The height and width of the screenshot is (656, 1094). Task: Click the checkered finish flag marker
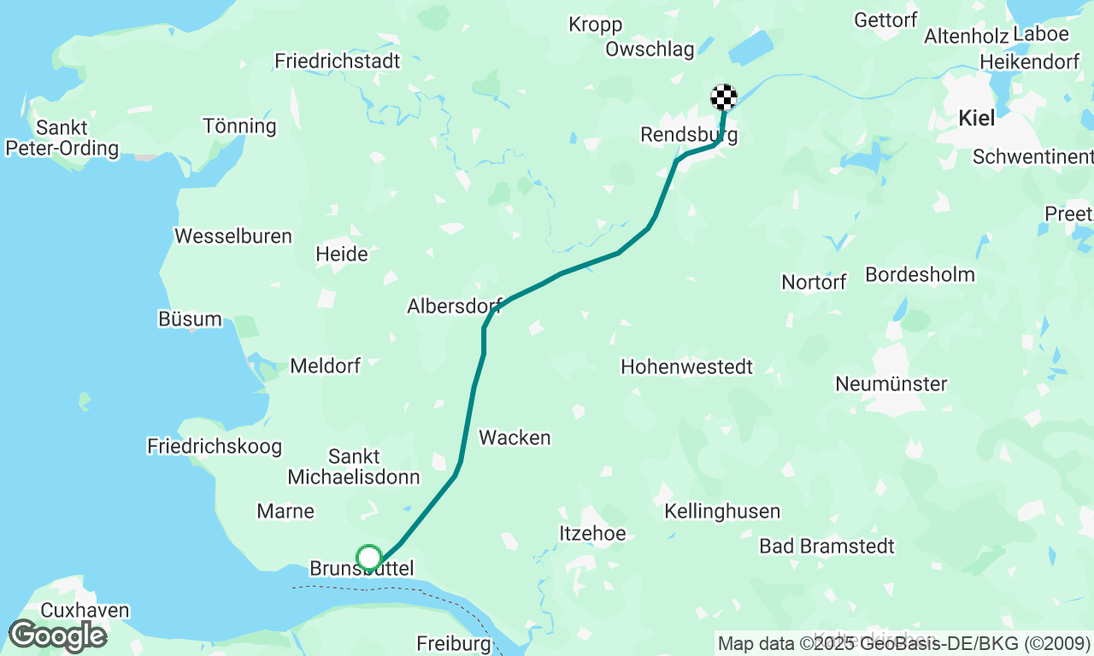click(724, 97)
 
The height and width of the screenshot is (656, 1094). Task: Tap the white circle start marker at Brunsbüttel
click(368, 558)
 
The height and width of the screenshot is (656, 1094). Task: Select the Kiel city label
click(976, 118)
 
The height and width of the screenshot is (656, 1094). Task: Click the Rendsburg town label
click(688, 135)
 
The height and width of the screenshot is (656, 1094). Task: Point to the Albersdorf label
click(454, 306)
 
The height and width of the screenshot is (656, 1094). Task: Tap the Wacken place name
click(515, 437)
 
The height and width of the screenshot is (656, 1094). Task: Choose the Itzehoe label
click(592, 533)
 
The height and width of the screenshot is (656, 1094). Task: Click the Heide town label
click(342, 254)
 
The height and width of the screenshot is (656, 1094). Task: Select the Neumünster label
click(891, 384)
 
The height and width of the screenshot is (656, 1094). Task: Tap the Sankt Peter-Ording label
click(62, 138)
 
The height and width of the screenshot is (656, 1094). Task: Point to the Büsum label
click(190, 319)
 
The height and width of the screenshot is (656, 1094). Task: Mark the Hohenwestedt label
click(686, 366)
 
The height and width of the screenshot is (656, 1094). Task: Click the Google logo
click(56, 636)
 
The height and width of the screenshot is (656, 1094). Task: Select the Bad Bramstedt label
click(826, 546)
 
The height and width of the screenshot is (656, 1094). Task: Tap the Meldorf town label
click(325, 366)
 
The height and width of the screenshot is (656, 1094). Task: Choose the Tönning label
click(239, 126)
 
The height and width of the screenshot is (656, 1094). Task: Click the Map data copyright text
click(903, 642)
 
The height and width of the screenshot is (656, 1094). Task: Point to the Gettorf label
click(885, 20)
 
